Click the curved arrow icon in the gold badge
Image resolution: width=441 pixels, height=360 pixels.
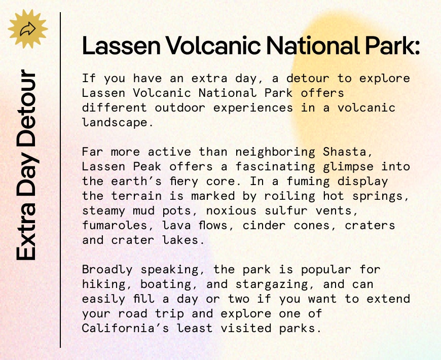(27, 29)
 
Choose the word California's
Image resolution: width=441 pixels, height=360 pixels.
(125, 328)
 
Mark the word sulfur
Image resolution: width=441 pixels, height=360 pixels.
(286, 210)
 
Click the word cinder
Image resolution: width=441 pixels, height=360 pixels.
(264, 226)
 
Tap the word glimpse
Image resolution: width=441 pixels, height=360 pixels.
(348, 167)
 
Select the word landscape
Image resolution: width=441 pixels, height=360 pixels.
(118, 123)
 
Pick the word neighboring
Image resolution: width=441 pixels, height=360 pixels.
(275, 153)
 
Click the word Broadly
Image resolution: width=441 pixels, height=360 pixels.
(107, 270)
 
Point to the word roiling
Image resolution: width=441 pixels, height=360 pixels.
(289, 196)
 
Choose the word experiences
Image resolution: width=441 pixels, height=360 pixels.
(253, 109)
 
